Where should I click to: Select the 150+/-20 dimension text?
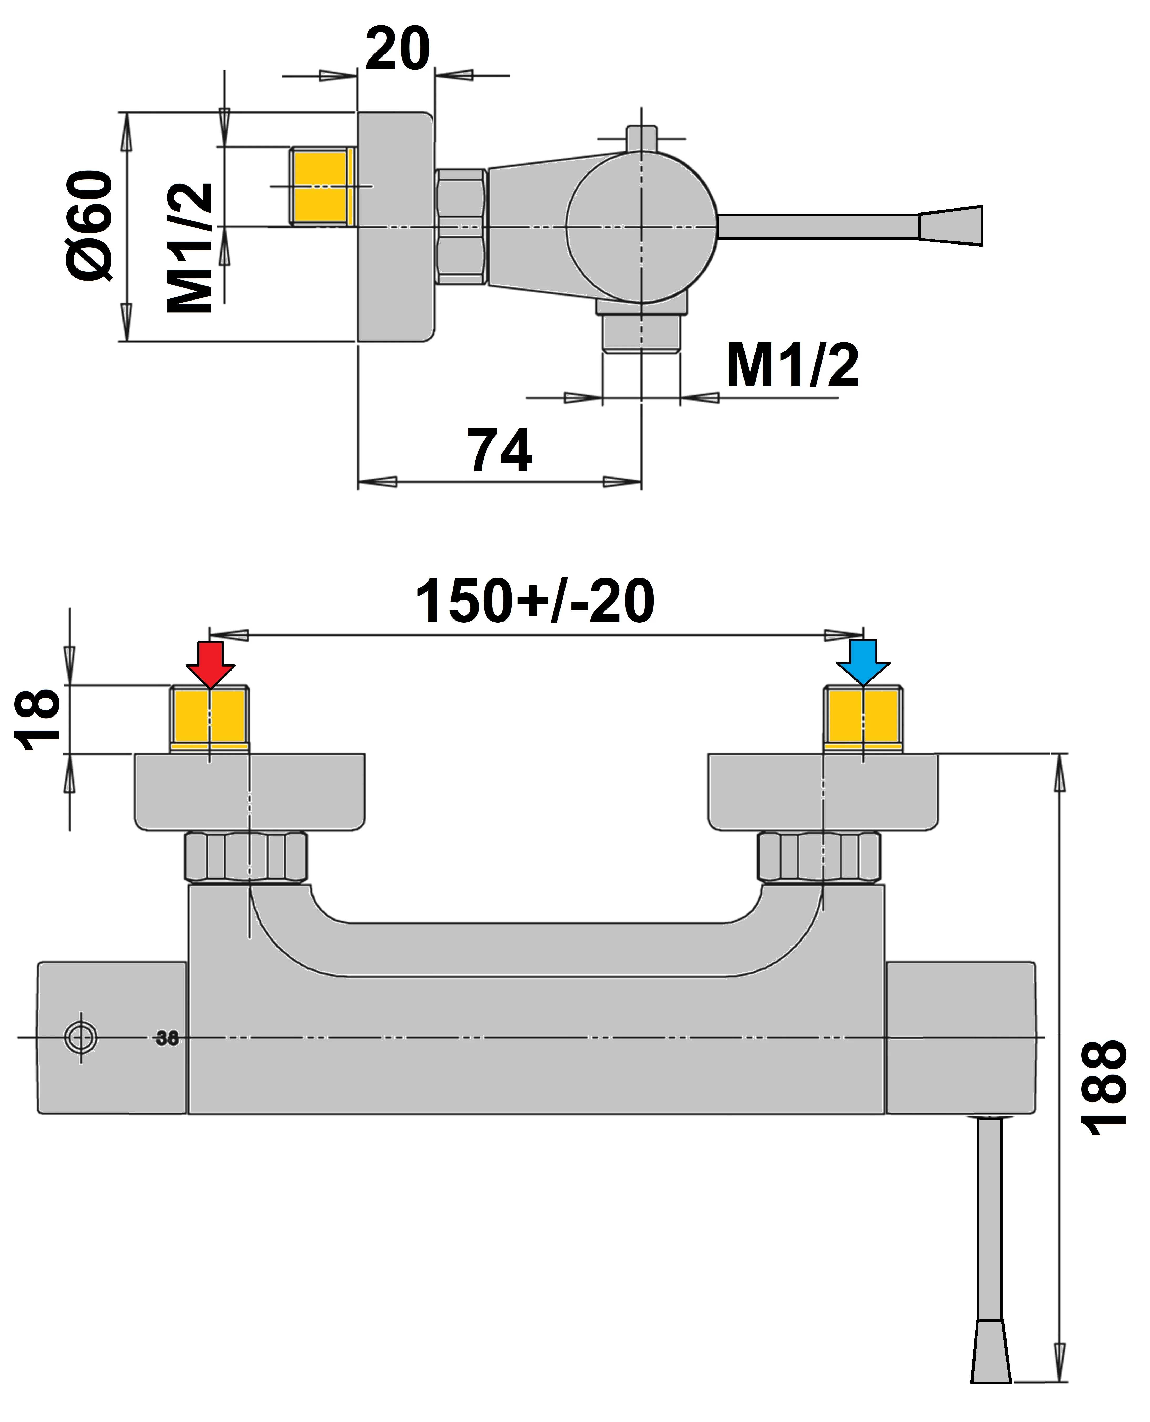[x=535, y=601]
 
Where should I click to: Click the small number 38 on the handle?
[x=167, y=1038]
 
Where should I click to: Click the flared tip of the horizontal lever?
[x=950, y=226]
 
